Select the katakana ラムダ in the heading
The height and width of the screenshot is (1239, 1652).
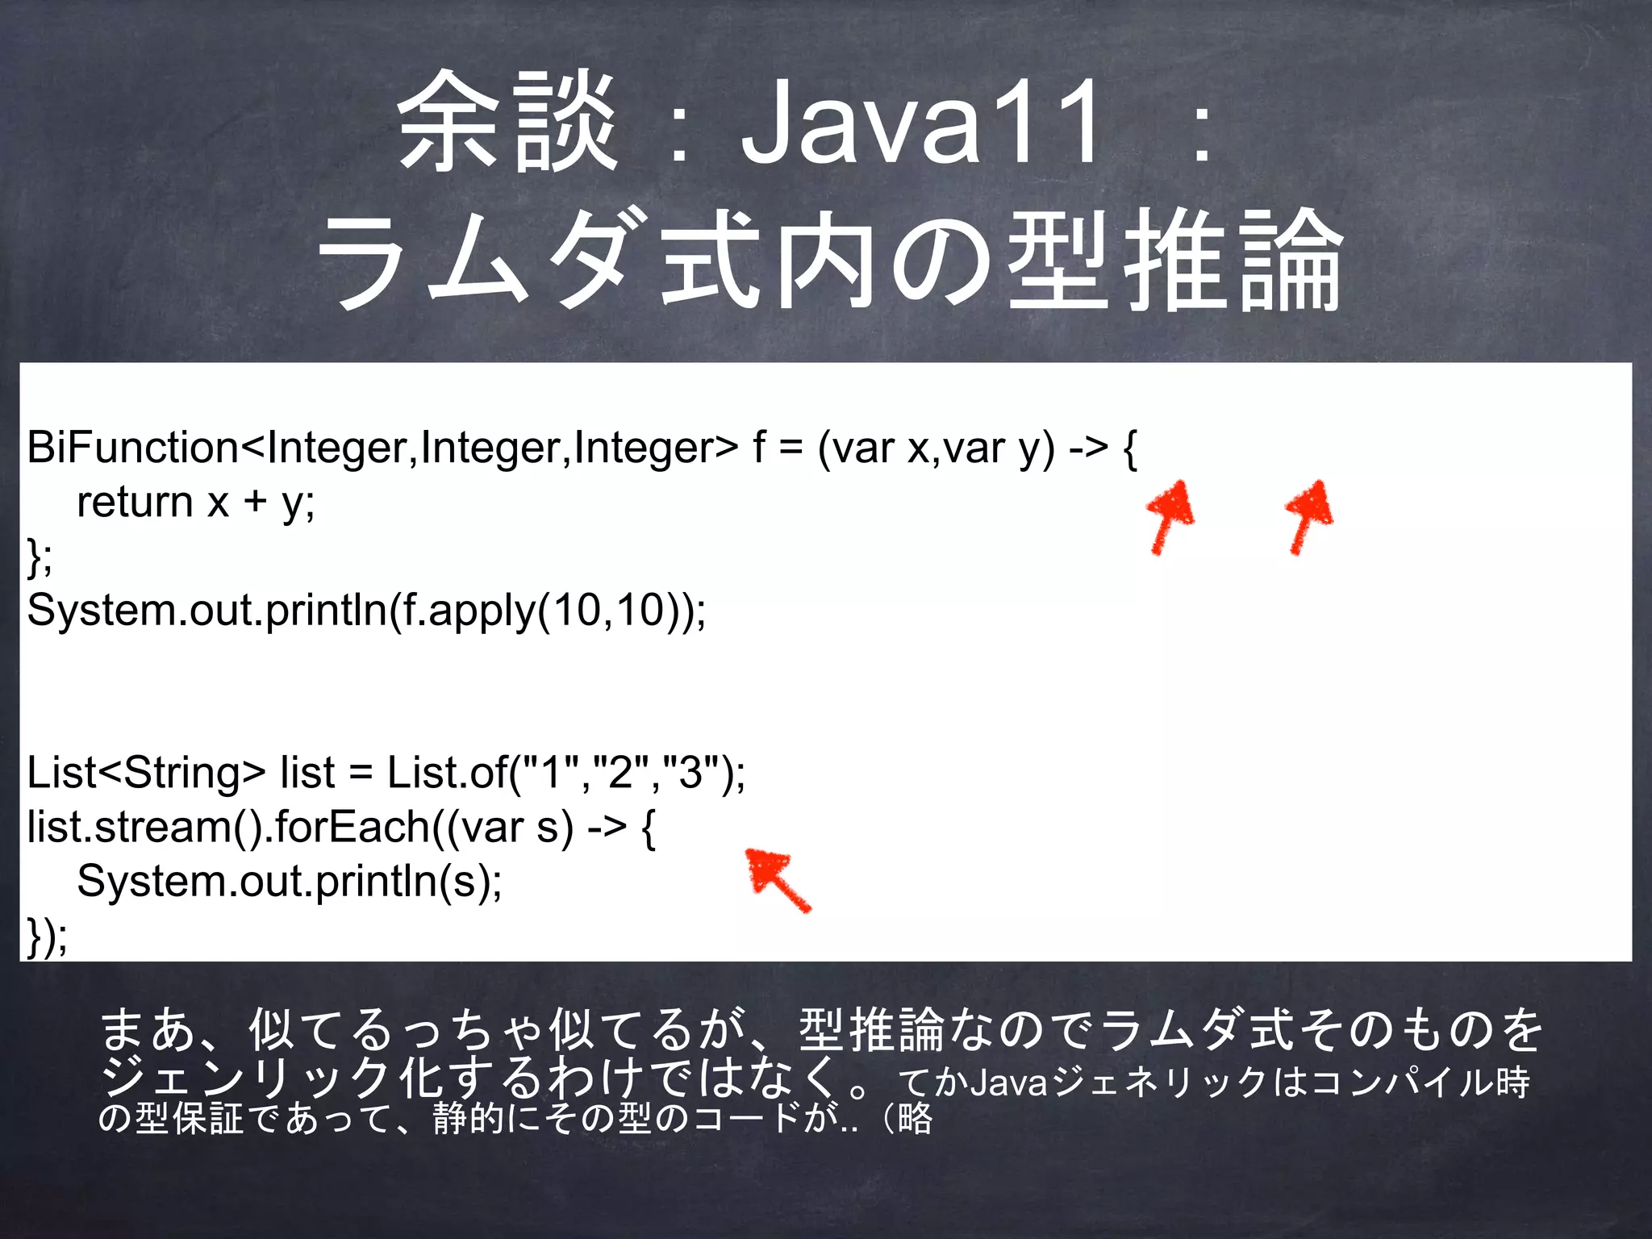(472, 260)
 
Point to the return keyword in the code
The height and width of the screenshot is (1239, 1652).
(135, 503)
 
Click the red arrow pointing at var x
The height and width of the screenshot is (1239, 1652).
(1169, 516)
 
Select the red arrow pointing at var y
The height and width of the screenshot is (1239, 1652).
(1308, 516)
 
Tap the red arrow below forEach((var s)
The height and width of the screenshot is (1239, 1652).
(776, 878)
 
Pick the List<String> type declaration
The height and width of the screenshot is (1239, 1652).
(145, 773)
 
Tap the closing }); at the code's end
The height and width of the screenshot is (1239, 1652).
(47, 936)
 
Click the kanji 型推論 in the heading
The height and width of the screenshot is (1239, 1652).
(1174, 260)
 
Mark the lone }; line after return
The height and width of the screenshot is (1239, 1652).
(40, 557)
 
